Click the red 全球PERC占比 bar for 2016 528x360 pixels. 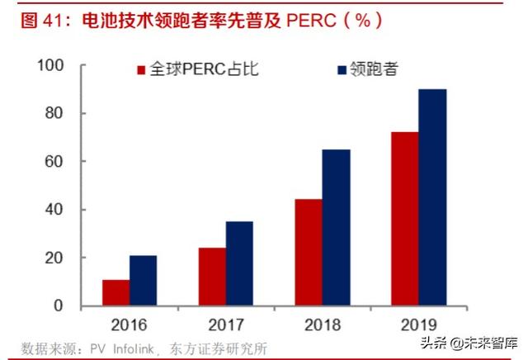(115, 293)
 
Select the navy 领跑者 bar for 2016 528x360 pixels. (143, 281)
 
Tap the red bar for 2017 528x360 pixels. (212, 277)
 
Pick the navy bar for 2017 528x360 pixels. (239, 263)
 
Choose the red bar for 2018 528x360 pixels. (309, 253)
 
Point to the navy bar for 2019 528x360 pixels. (432, 197)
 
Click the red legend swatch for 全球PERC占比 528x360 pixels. (140, 69)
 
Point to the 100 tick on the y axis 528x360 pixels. (52, 64)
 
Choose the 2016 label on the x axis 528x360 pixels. (129, 324)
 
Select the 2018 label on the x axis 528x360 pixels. (322, 324)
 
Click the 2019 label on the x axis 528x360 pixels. (418, 324)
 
